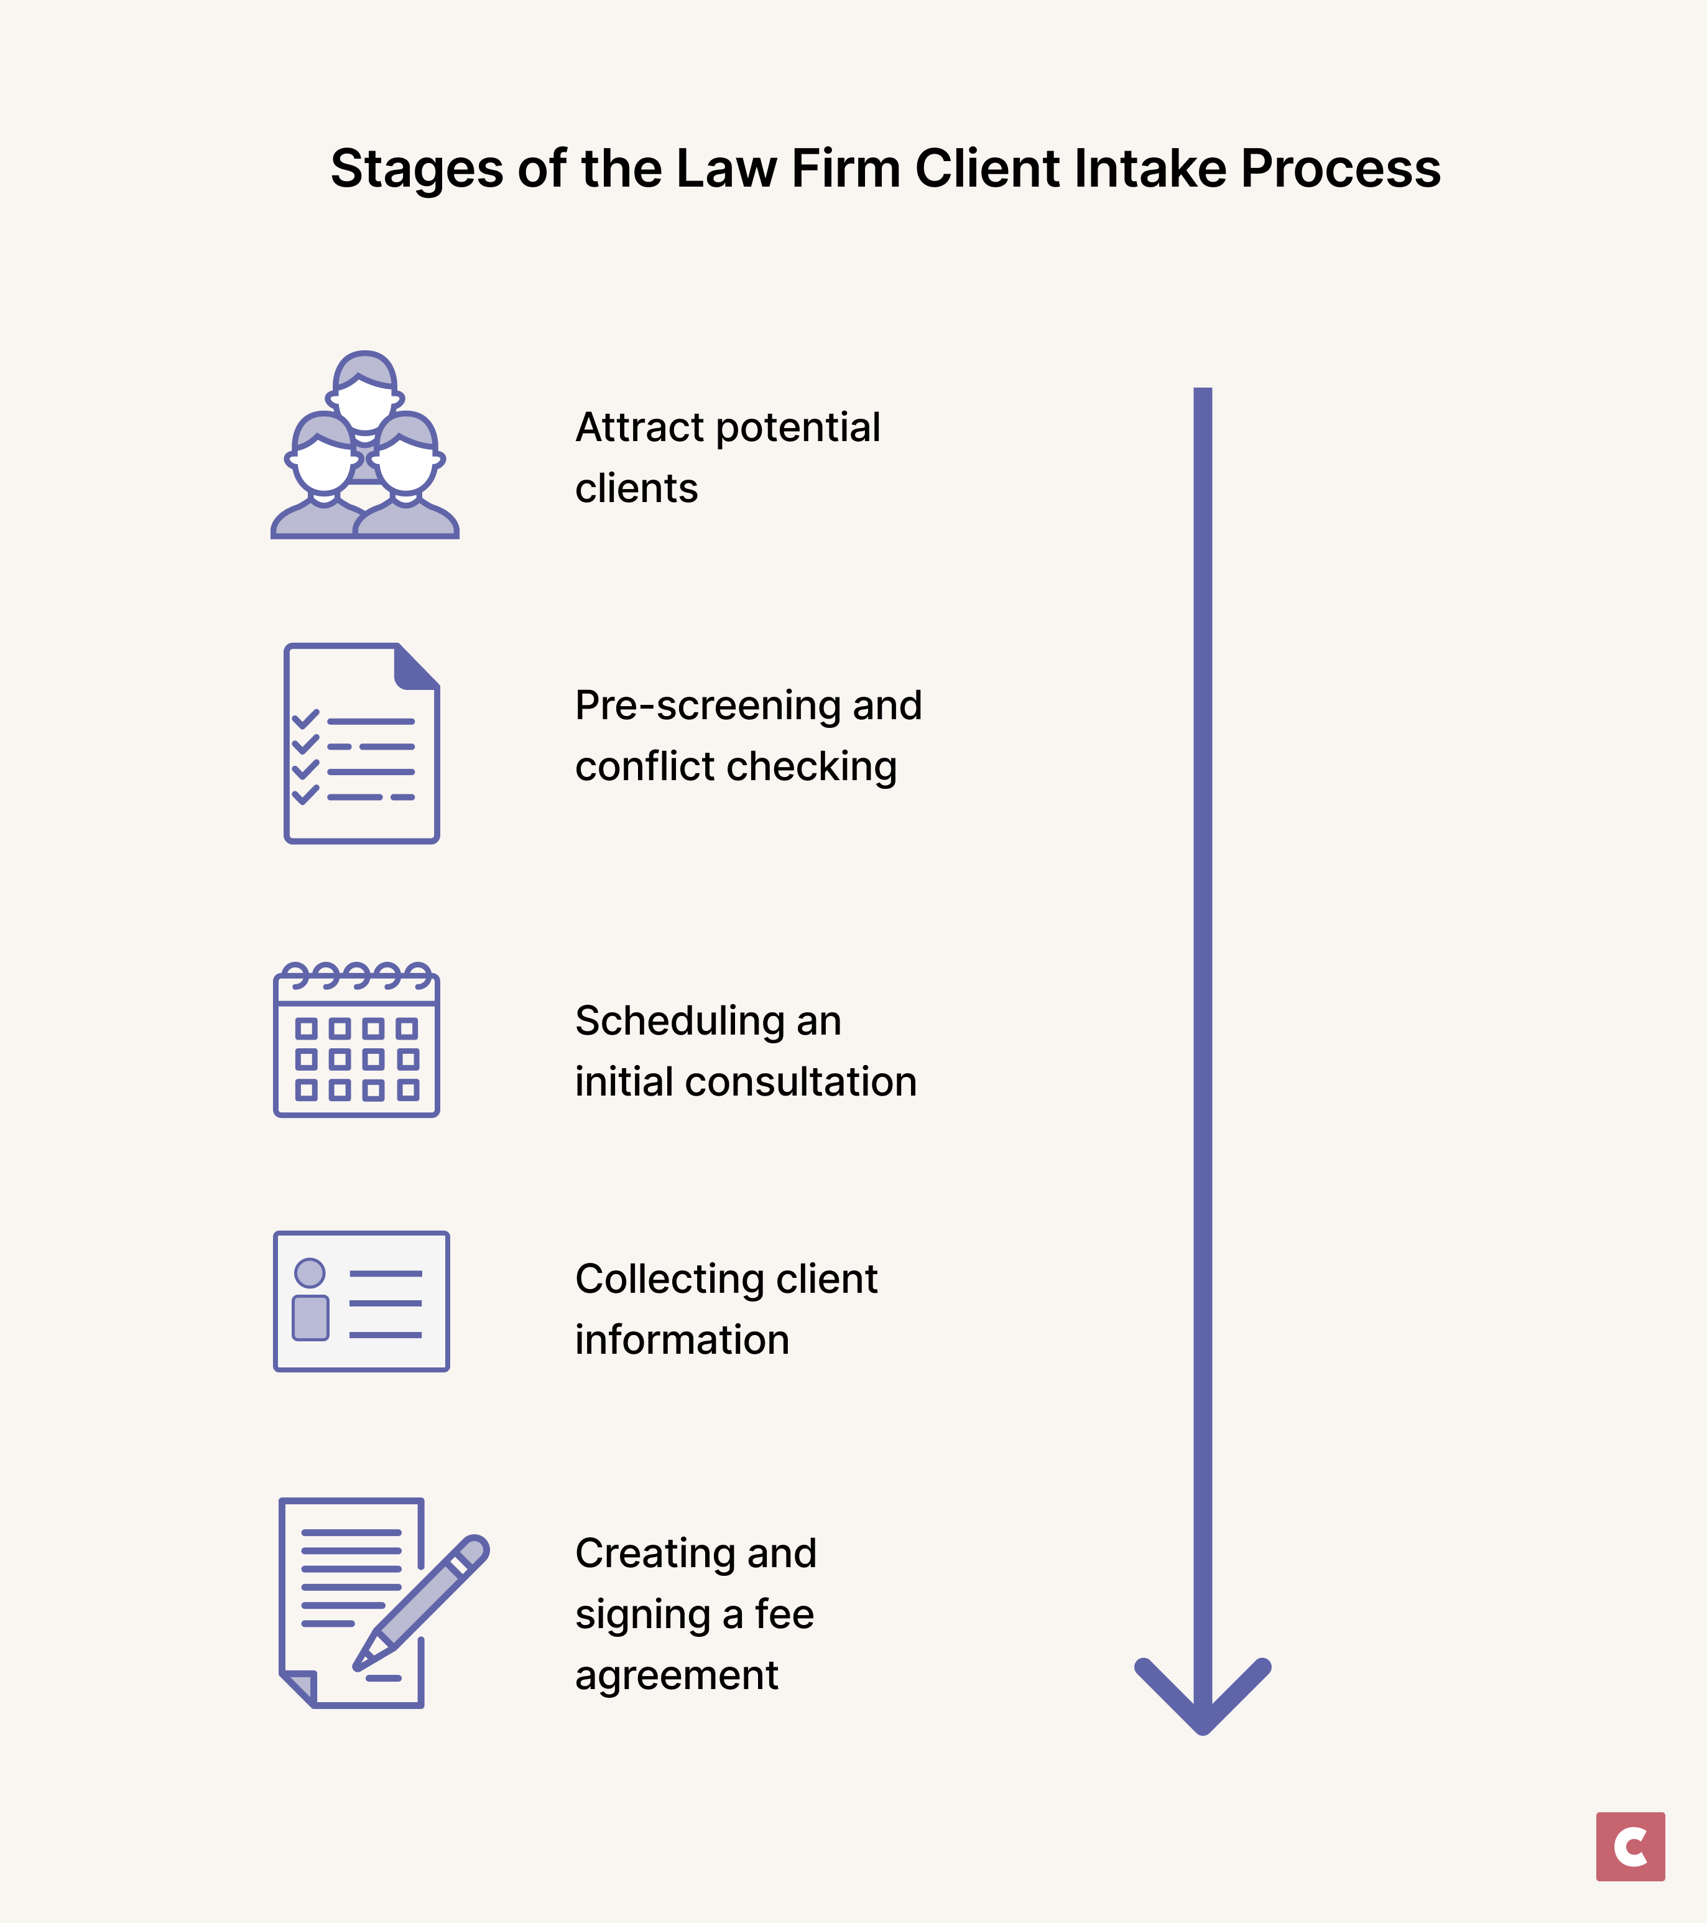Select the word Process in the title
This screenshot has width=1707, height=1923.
[x=1340, y=169]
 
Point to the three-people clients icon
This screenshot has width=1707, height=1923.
[x=365, y=447]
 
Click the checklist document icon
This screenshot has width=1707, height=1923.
[x=362, y=743]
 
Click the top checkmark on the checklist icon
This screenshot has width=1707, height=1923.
[x=306, y=720]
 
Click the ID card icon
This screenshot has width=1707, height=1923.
[x=361, y=1301]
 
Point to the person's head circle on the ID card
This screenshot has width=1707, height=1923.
[x=310, y=1273]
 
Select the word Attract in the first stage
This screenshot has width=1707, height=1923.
[x=639, y=428]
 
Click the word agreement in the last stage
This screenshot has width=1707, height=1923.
[x=676, y=1675]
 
